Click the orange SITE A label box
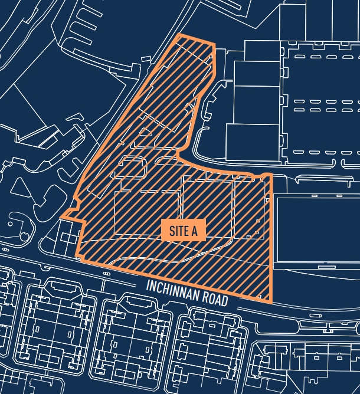183,231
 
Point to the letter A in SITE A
194,231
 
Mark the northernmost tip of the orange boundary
179,36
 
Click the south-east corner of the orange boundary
271,301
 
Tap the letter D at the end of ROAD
225,301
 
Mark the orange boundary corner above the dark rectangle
270,175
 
